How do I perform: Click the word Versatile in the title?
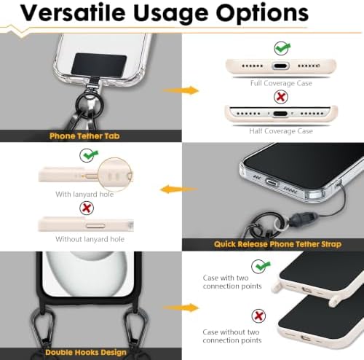(x=73, y=12)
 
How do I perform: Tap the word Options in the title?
(x=262, y=14)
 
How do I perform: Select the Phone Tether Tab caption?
(x=84, y=136)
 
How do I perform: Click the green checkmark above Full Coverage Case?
(x=282, y=48)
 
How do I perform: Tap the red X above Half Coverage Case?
(x=281, y=97)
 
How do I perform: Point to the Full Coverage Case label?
(x=281, y=83)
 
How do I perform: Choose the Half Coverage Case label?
(x=281, y=131)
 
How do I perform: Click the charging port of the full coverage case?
(x=280, y=66)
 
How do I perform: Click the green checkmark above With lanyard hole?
(x=88, y=155)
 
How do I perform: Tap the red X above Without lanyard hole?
(x=87, y=208)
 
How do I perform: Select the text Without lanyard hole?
(x=90, y=239)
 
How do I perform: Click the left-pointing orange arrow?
(x=179, y=189)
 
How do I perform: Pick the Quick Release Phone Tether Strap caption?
(x=277, y=244)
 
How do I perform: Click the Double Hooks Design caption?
(x=86, y=353)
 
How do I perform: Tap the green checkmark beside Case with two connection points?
(x=260, y=266)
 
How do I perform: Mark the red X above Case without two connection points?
(x=258, y=316)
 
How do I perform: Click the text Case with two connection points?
(x=232, y=282)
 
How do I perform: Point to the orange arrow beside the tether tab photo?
(x=181, y=90)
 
